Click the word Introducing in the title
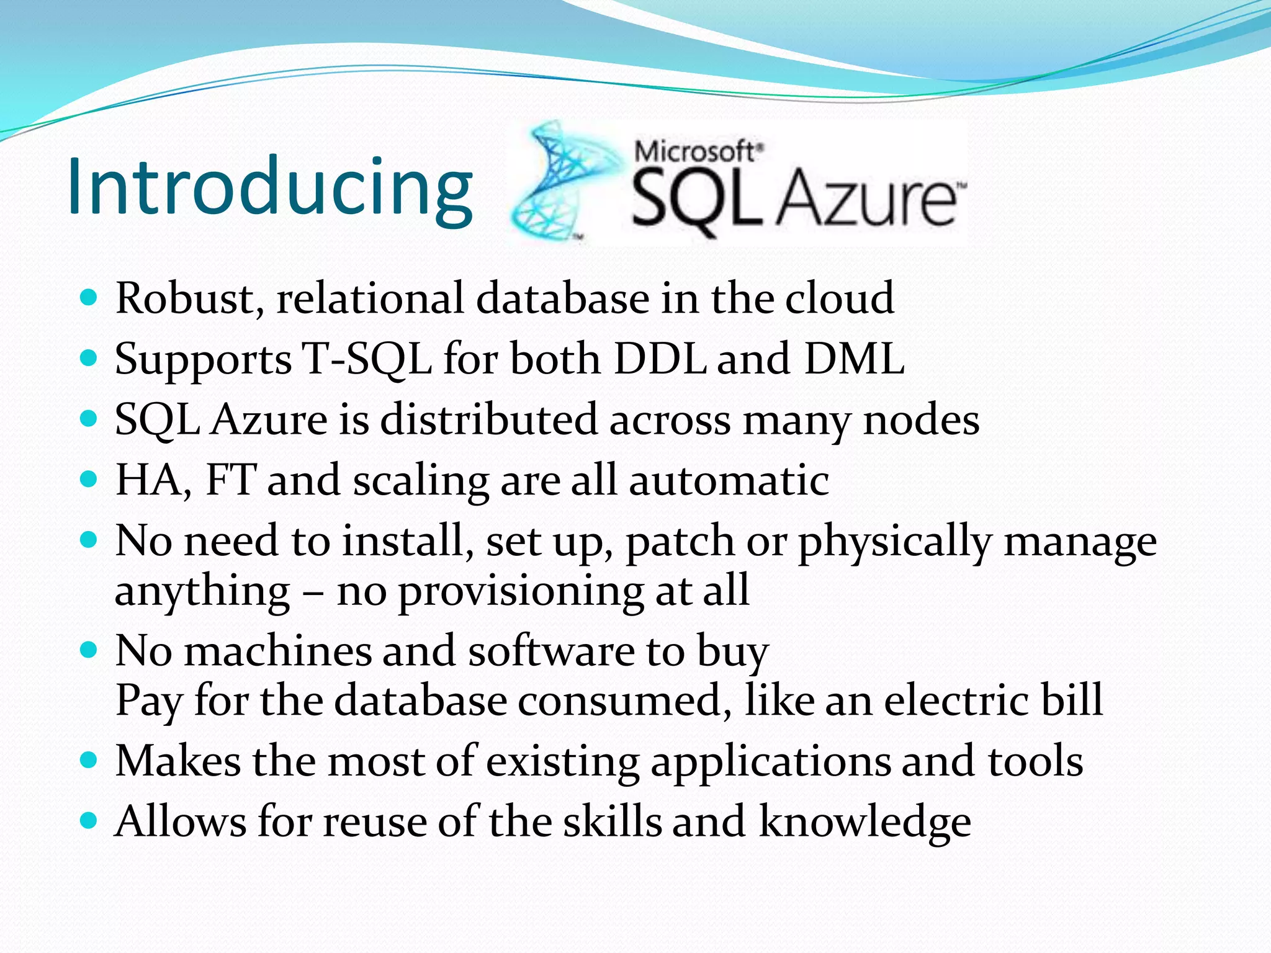click(x=270, y=186)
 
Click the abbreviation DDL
click(x=660, y=359)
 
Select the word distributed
click(x=488, y=420)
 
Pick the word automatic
click(x=729, y=481)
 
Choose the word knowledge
click(x=865, y=823)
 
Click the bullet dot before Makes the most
click(x=89, y=759)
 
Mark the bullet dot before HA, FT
click(x=89, y=479)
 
